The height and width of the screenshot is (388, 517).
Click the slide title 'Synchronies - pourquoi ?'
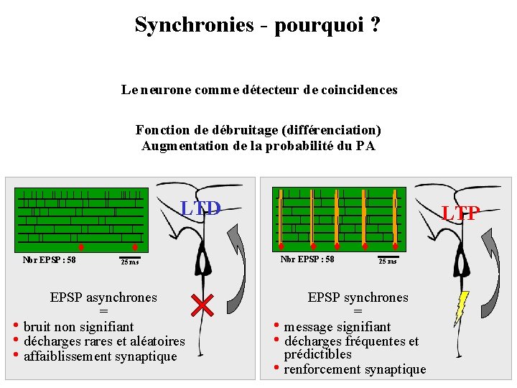pyautogui.click(x=257, y=25)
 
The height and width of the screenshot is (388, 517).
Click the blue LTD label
pyautogui.click(x=200, y=209)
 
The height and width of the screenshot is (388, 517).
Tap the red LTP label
pyautogui.click(x=460, y=213)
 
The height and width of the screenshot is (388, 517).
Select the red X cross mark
pyautogui.click(x=204, y=305)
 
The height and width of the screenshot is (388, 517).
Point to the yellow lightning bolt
pyautogui.click(x=462, y=307)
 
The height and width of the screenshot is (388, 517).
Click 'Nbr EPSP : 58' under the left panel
pyautogui.click(x=50, y=260)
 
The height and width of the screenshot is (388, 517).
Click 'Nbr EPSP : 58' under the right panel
pyautogui.click(x=307, y=259)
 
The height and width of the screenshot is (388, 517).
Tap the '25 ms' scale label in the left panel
pyautogui.click(x=130, y=262)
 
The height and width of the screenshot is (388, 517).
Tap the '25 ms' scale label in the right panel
pyautogui.click(x=388, y=261)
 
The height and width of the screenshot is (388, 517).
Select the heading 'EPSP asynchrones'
pyautogui.click(x=103, y=297)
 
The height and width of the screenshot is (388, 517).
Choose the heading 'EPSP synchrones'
pyautogui.click(x=358, y=297)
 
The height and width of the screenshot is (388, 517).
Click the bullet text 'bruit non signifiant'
pyautogui.click(x=79, y=327)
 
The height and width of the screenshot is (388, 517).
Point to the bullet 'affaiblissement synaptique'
pyautogui.click(x=101, y=356)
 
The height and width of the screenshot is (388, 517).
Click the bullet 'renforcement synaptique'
pyautogui.click(x=355, y=369)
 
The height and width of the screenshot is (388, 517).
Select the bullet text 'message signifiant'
pyautogui.click(x=337, y=327)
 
